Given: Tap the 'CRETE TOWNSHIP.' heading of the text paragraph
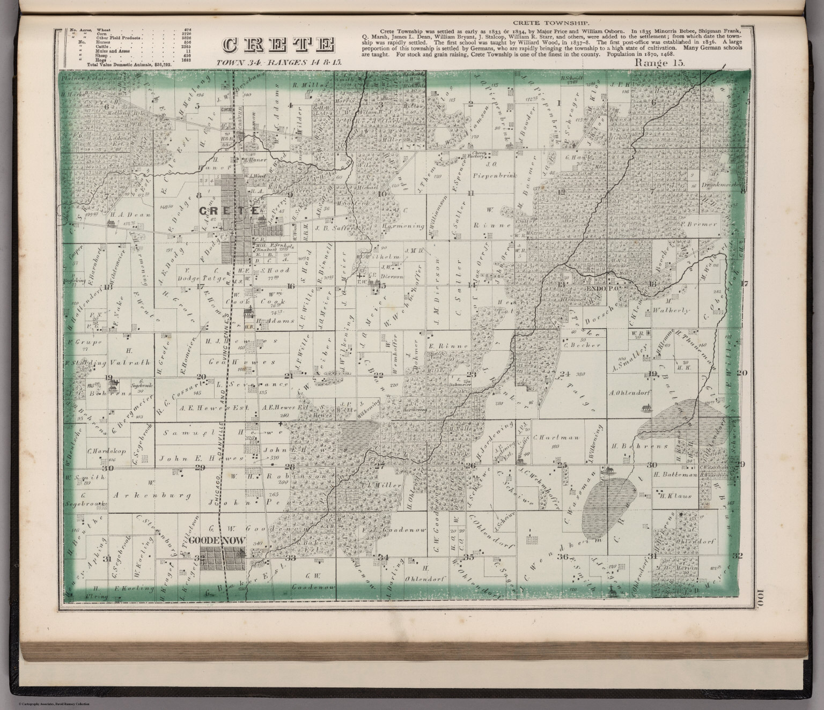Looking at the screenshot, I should (x=549, y=23).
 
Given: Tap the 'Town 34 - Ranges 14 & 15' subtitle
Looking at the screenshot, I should (x=278, y=63).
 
